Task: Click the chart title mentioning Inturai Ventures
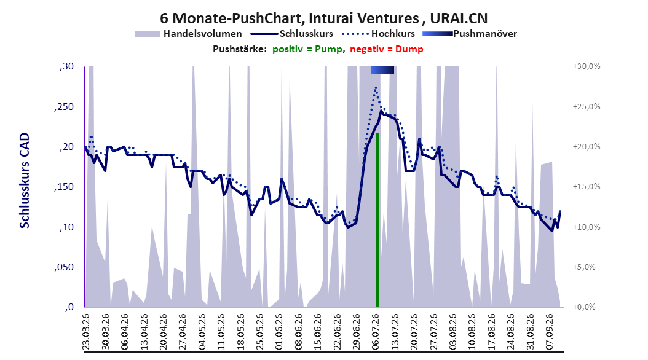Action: point(323,18)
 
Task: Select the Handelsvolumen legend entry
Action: point(189,34)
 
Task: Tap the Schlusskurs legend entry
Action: point(292,34)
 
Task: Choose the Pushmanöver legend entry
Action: point(470,34)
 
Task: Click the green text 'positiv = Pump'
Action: point(307,49)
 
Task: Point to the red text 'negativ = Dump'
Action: point(387,49)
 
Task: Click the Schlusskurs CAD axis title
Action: point(25,180)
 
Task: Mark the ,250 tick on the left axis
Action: point(64,107)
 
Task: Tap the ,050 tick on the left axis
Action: point(64,267)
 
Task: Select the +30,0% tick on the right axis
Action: point(587,66)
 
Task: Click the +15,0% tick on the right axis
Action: point(587,187)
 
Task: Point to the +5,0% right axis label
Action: point(584,267)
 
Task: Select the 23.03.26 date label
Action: point(86,332)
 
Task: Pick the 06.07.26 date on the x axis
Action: point(375,332)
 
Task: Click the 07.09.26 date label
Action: point(549,332)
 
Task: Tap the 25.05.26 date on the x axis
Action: point(259,332)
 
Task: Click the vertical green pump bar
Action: point(377,220)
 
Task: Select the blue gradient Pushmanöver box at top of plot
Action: point(382,70)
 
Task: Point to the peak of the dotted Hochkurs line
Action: point(376,87)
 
